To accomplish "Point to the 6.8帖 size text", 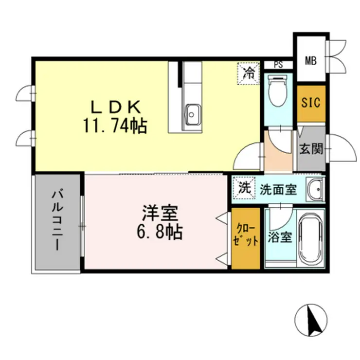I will click(159, 233).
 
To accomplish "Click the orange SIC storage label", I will click(310, 103).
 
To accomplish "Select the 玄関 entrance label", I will click(310, 148).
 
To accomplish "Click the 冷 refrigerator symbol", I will click(249, 74).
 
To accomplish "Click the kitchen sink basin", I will click(193, 115).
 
